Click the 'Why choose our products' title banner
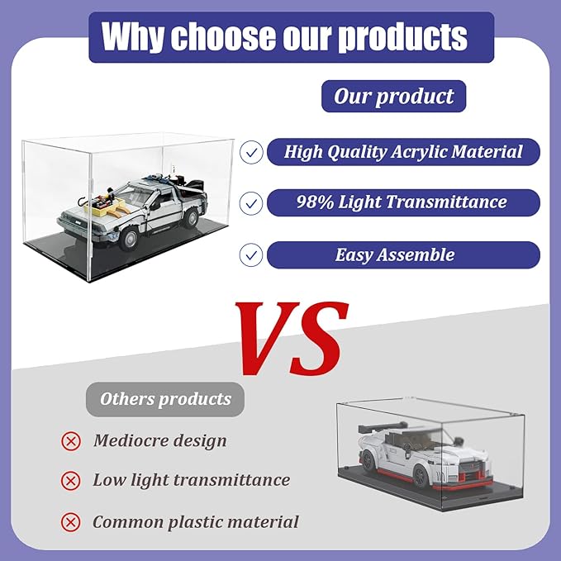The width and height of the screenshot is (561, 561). tap(291, 37)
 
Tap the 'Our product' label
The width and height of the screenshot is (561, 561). tap(393, 96)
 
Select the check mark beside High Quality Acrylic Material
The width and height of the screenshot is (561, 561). tap(251, 152)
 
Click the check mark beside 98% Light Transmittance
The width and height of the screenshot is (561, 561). tap(251, 203)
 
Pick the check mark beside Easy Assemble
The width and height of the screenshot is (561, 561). tap(251, 255)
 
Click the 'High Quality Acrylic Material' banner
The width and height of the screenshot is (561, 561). tap(403, 152)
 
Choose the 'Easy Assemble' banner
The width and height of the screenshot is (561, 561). tap(403, 255)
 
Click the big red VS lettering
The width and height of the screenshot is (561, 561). tap(292, 338)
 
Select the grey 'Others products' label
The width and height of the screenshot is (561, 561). tap(165, 399)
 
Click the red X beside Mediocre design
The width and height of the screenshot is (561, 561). tap(71, 441)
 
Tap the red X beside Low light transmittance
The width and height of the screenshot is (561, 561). tap(71, 481)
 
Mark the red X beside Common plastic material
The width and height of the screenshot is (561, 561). tap(71, 522)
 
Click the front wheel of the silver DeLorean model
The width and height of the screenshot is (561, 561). tap(129, 239)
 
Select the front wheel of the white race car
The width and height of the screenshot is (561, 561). tap(421, 476)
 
